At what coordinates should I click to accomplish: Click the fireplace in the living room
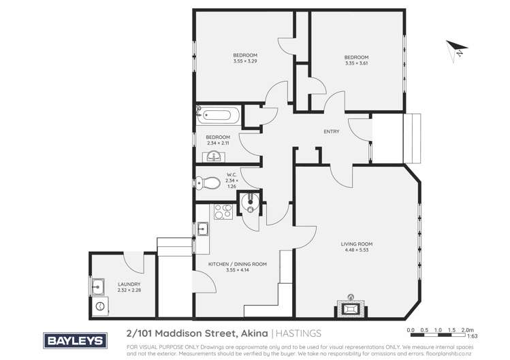click(x=351, y=308)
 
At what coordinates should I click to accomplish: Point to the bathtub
click(x=218, y=114)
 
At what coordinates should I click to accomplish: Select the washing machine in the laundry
click(x=101, y=306)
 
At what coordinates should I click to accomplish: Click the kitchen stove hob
click(x=223, y=213)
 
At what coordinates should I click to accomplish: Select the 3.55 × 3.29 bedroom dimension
click(x=245, y=62)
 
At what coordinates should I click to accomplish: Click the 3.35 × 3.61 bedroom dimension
click(x=356, y=63)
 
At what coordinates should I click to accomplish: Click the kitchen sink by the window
click(x=204, y=229)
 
